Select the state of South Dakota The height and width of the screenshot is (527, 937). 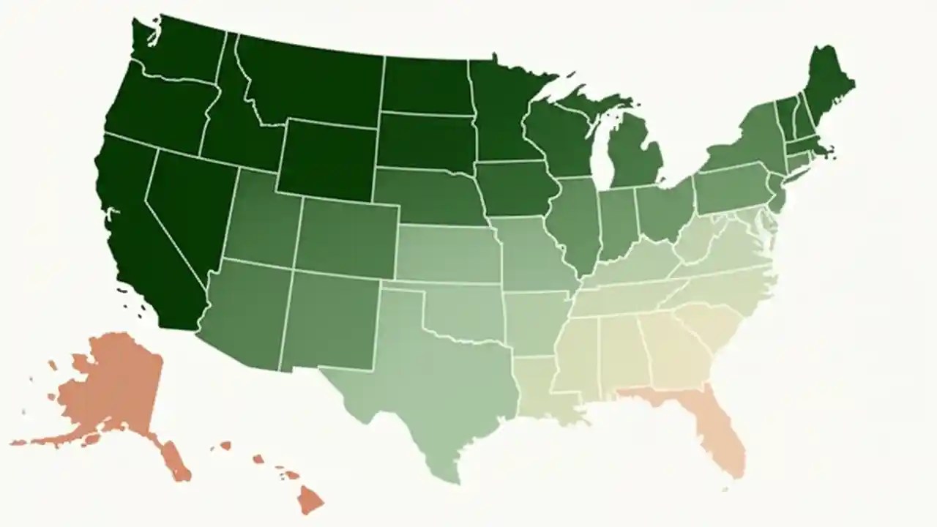point(425,141)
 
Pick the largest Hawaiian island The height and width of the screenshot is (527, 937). point(310,501)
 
